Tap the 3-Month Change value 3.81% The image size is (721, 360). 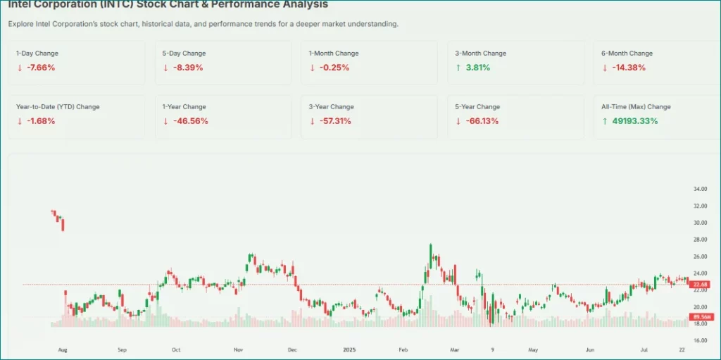(477, 68)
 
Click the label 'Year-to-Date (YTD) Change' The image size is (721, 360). (58, 107)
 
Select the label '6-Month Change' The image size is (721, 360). (626, 54)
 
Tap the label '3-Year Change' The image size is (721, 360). (332, 107)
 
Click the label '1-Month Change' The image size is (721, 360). (334, 54)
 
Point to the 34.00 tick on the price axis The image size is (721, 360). (700, 190)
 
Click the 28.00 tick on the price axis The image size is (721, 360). (700, 240)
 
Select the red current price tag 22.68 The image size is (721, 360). (701, 285)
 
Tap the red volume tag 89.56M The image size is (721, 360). (702, 317)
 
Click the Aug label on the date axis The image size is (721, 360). (62, 349)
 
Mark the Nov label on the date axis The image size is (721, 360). (238, 349)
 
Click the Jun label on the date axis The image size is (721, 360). (590, 349)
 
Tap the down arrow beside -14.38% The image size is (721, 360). (605, 68)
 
